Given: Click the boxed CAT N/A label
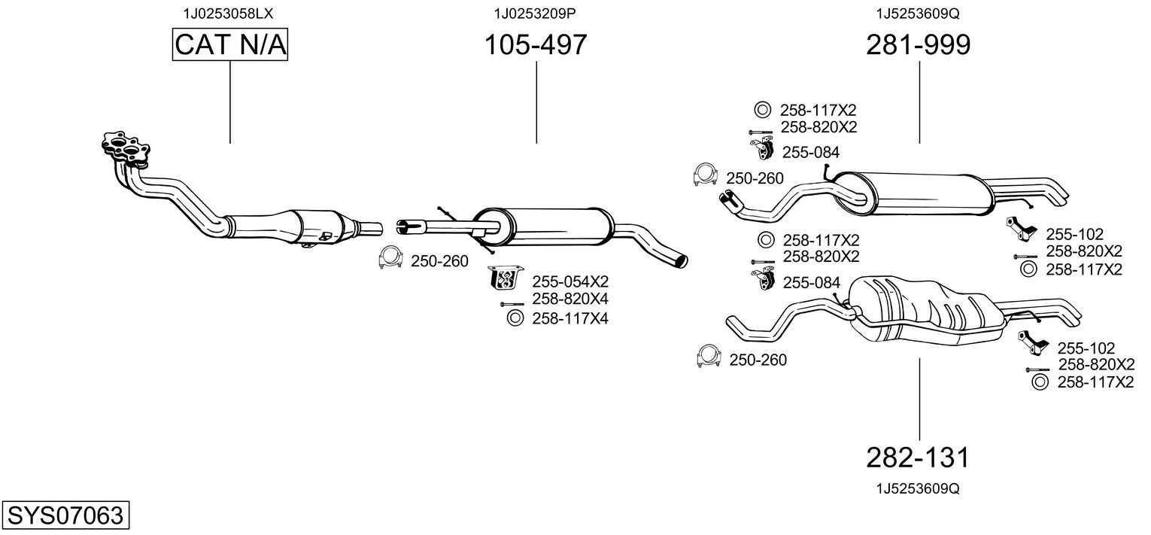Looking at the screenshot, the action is click(x=229, y=44).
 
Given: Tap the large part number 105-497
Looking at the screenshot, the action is click(x=536, y=44).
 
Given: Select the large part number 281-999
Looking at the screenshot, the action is click(x=919, y=44).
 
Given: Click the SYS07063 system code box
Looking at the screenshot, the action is click(x=65, y=515).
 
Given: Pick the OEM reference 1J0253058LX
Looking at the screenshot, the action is click(x=228, y=14).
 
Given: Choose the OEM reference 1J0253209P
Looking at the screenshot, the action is click(x=535, y=14).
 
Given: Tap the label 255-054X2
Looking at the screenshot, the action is click(x=569, y=281).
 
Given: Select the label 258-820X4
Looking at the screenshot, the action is click(x=569, y=299).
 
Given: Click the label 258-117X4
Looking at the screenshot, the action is click(x=569, y=318).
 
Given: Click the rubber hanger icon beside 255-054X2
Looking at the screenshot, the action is click(x=505, y=278).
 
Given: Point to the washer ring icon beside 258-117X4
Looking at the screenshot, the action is click(x=515, y=318).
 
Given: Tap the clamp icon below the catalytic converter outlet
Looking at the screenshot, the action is click(x=390, y=257).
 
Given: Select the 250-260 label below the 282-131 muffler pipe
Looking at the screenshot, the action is click(x=758, y=360).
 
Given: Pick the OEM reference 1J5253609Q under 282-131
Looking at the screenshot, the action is click(x=918, y=488).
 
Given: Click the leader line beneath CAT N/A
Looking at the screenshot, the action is click(x=229, y=102).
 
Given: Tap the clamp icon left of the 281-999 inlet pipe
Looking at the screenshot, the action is click(x=705, y=175).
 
